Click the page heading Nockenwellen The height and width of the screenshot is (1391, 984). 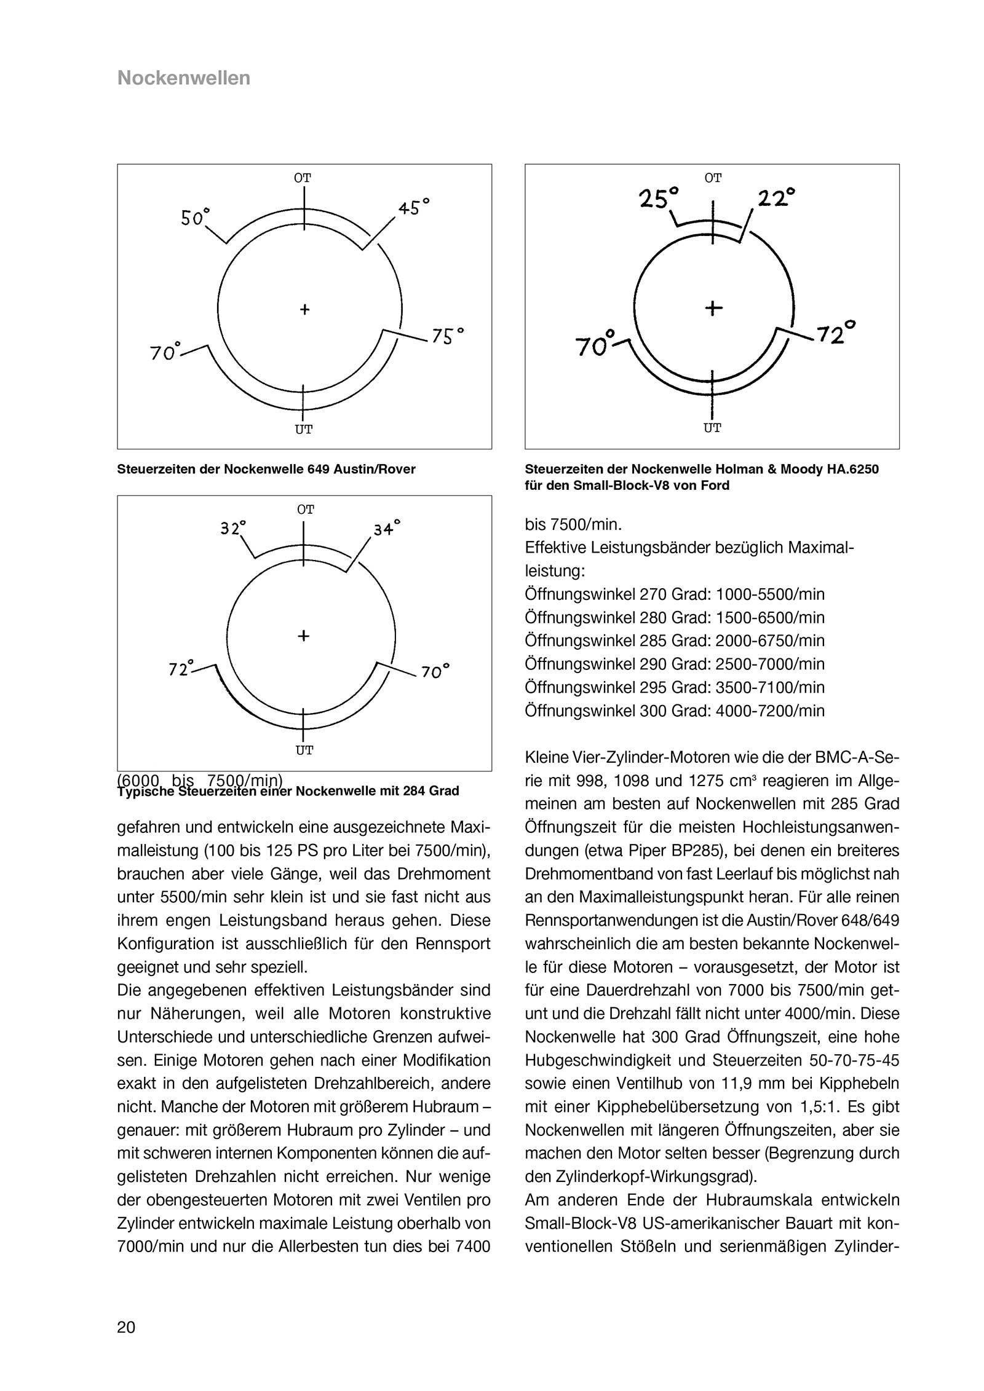(183, 78)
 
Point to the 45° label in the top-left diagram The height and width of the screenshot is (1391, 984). (413, 207)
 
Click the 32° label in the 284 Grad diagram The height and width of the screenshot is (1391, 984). (233, 527)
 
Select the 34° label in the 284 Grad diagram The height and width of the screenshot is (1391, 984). (387, 527)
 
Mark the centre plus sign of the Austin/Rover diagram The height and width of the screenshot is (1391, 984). (304, 309)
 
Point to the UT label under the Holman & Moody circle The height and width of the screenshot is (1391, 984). (712, 428)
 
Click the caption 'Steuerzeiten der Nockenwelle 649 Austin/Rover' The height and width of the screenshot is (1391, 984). (266, 470)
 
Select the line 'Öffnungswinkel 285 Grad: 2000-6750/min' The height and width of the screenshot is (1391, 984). (675, 641)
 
